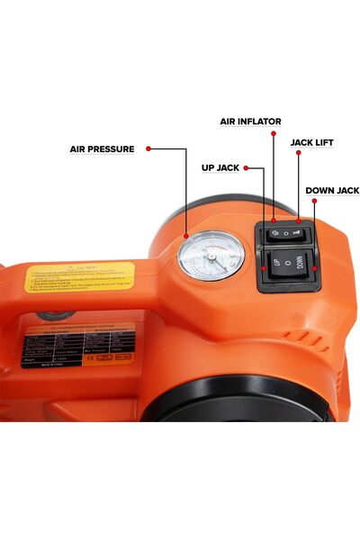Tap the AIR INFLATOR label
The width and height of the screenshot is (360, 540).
(x=251, y=121)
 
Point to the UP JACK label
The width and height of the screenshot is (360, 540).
(x=220, y=167)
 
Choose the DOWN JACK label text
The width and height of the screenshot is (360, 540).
(x=332, y=191)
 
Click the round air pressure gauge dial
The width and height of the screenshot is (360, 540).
(x=211, y=255)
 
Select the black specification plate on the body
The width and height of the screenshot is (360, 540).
(x=78, y=347)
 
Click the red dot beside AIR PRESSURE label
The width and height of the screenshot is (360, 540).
(x=148, y=149)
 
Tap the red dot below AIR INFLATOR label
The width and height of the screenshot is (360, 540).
(x=274, y=221)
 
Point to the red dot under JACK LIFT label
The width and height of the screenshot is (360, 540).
(x=298, y=220)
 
